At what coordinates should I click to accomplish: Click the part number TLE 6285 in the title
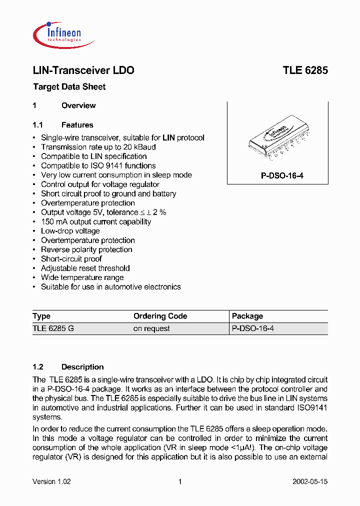point(305,70)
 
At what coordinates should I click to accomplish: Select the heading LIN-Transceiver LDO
point(83,70)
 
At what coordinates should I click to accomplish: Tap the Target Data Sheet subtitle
point(69,87)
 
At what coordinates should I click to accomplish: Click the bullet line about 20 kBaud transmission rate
point(98,147)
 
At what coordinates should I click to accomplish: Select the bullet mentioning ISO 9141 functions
point(98,165)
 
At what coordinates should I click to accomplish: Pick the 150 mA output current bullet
point(95,221)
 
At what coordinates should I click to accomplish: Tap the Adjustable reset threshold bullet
point(85,268)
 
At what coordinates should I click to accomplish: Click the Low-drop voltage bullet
point(70,231)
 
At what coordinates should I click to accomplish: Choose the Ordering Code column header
point(160,316)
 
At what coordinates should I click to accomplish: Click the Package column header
point(247,316)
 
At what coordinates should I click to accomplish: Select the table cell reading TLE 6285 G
point(53,328)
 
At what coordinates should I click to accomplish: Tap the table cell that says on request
point(151,328)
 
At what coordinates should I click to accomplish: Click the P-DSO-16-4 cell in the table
point(253,328)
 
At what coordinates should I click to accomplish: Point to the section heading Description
point(82,367)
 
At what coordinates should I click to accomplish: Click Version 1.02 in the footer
point(51,481)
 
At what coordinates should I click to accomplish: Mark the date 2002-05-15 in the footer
point(310,481)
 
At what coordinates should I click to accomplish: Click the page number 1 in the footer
point(179,481)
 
